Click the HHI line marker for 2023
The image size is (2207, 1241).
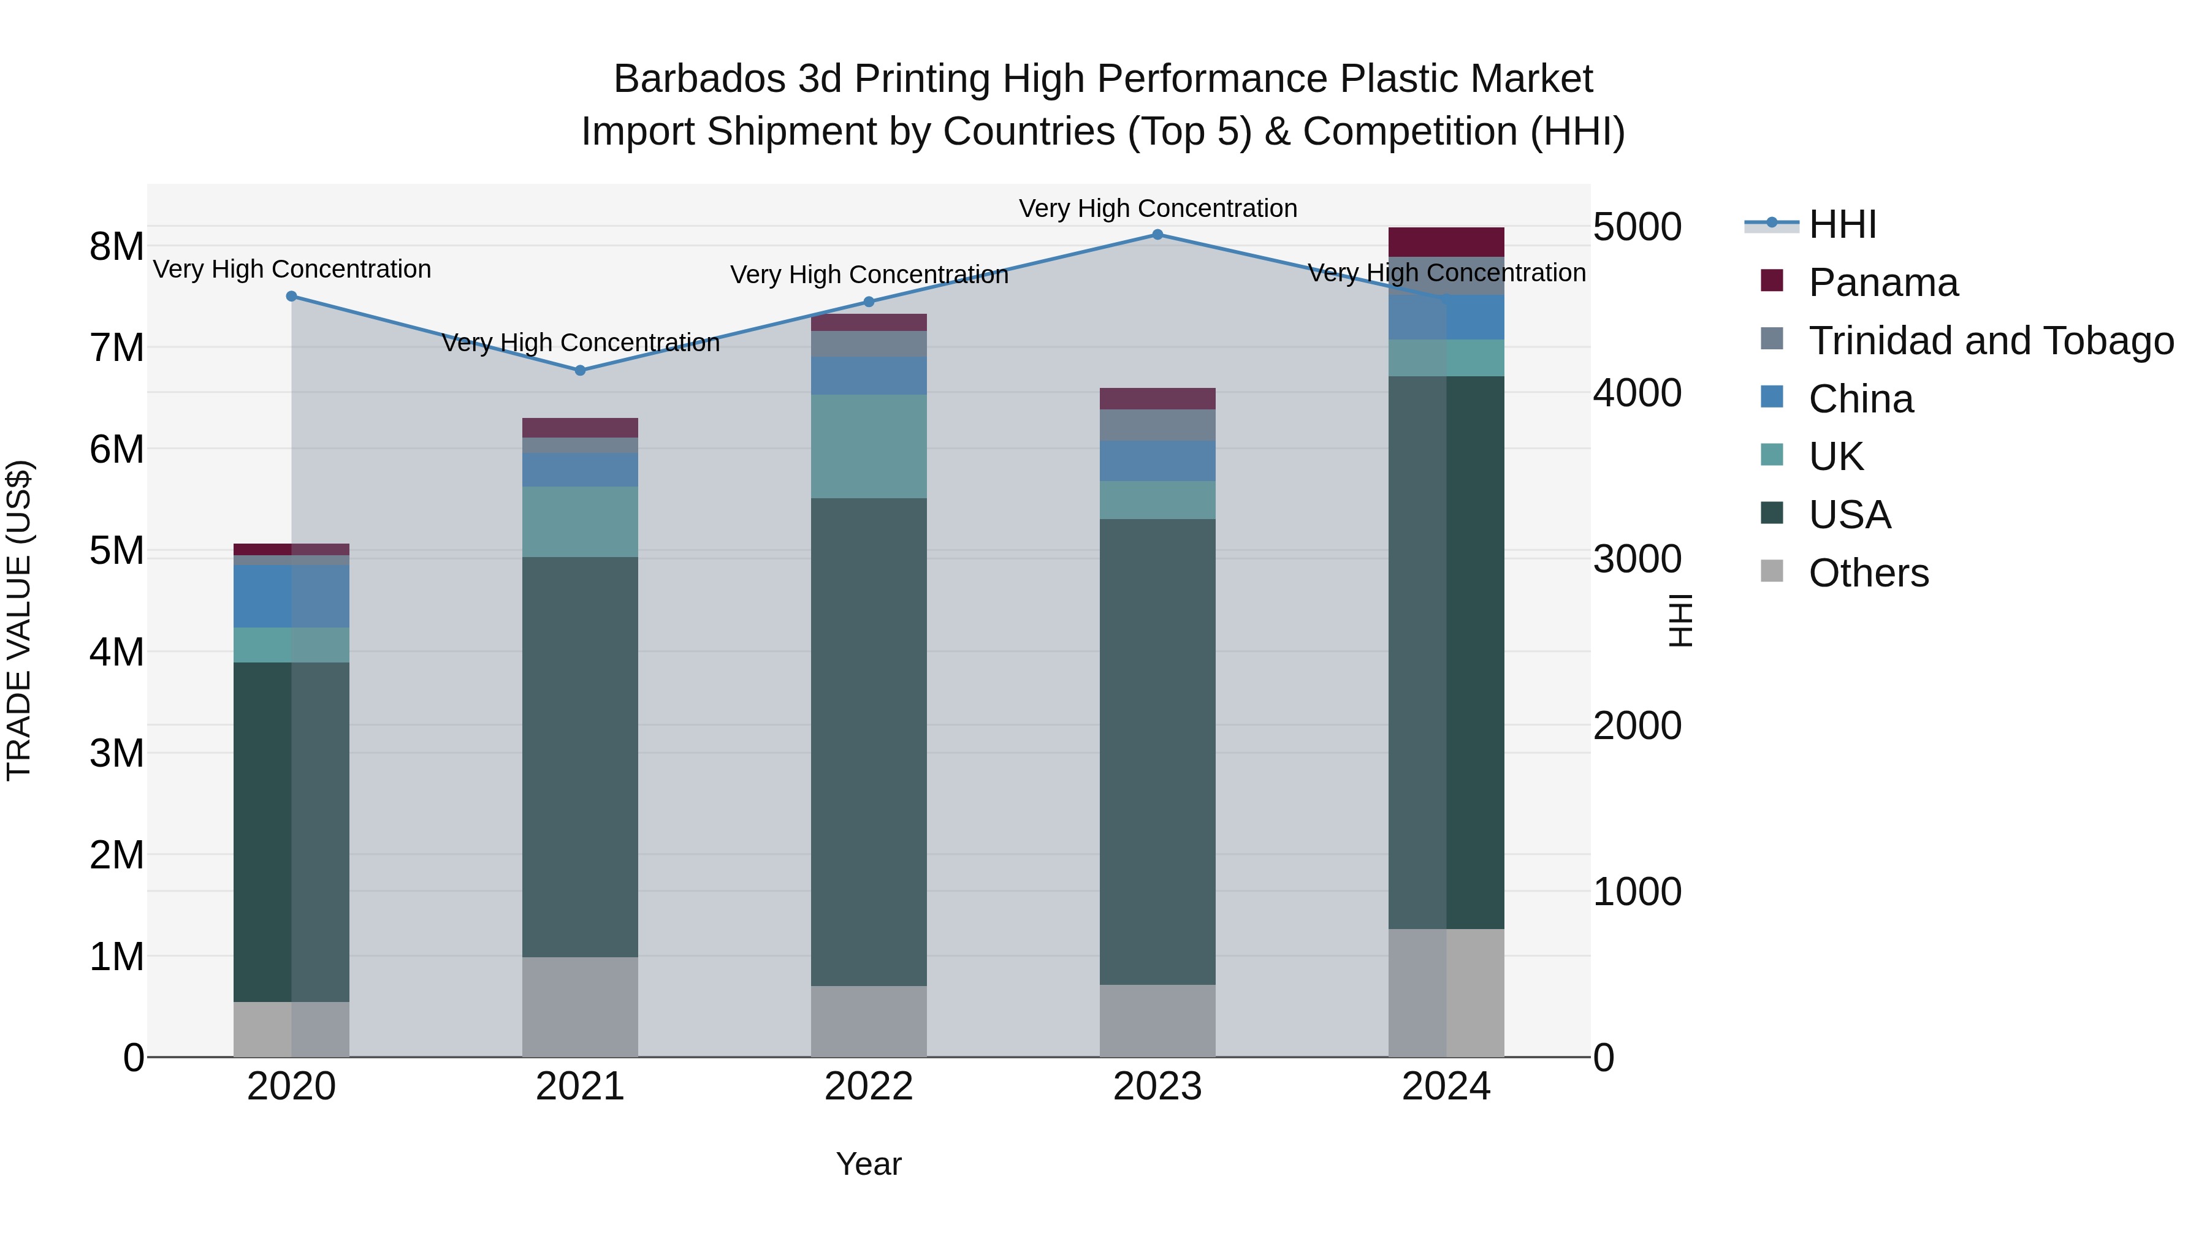(1157, 235)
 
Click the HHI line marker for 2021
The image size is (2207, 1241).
(580, 371)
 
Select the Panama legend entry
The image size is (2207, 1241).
(1882, 283)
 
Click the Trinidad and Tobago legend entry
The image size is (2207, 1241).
(1990, 341)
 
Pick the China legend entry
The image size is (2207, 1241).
(1860, 399)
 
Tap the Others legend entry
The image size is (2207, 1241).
(1868, 573)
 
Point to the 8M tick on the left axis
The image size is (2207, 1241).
(116, 246)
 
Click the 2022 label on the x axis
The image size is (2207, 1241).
(869, 1087)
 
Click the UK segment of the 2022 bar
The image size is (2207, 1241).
(869, 446)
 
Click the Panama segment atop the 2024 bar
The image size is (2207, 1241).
(1446, 242)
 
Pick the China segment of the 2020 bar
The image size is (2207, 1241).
(291, 596)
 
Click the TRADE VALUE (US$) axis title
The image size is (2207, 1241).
(19, 620)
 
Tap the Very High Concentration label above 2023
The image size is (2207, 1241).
(1157, 209)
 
